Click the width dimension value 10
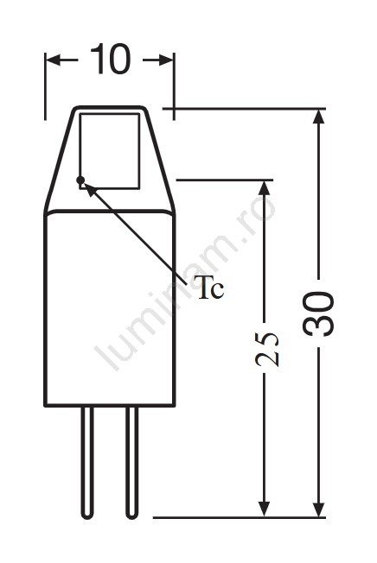pos(110,60)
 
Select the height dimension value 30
pos(318,313)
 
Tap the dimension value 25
pos(266,349)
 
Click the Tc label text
pos(211,288)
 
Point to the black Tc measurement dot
pos(80,180)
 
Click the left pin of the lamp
pos(87,463)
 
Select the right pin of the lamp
pos(132,463)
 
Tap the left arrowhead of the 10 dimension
pos(54,60)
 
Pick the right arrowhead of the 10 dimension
pos(166,60)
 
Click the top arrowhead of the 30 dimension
pos(318,117)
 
